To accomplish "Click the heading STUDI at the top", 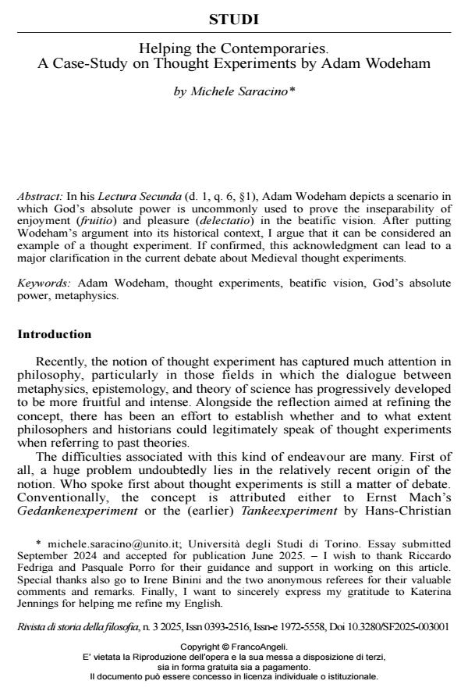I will coord(234,19).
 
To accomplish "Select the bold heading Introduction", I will coord(54,334).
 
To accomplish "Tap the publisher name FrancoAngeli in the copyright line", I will coord(260,647).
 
